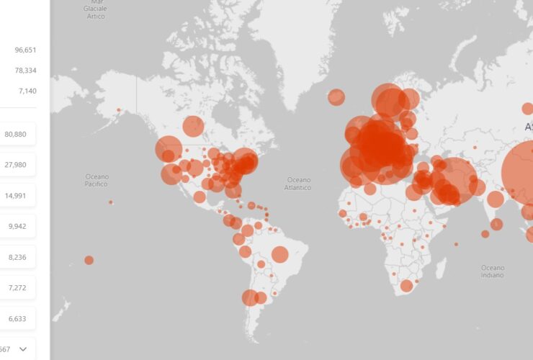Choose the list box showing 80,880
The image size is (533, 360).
tap(17, 135)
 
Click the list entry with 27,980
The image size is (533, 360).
tap(17, 165)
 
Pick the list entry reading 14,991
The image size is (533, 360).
tap(17, 195)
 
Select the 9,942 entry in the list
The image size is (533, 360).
tap(17, 225)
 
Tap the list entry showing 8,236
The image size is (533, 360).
tap(17, 256)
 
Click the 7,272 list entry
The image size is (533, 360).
tap(17, 287)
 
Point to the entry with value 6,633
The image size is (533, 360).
tap(17, 318)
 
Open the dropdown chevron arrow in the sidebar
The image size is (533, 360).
tap(23, 349)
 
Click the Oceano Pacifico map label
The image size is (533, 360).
tap(97, 180)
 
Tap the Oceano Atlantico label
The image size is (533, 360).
tap(298, 184)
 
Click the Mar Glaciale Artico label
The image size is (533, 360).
tap(96, 10)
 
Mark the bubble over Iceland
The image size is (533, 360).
tap(336, 97)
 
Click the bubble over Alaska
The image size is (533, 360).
tap(119, 110)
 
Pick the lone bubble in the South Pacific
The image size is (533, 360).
tap(89, 260)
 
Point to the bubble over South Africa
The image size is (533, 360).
tap(406, 286)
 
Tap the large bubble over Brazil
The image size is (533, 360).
tap(280, 254)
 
